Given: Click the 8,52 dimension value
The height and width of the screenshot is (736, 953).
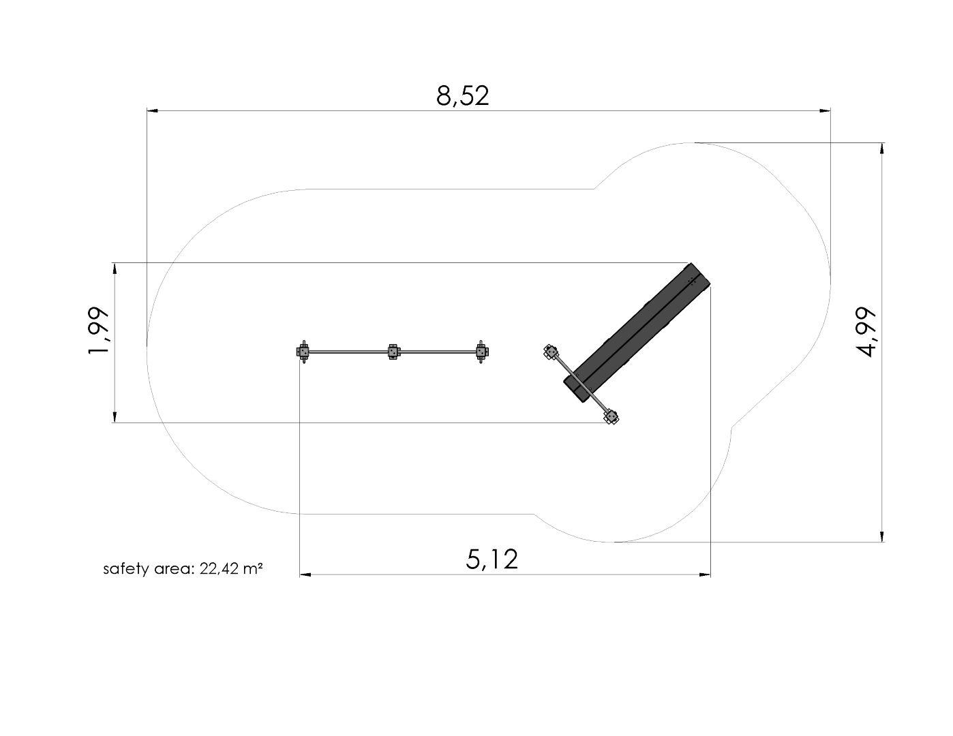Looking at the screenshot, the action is [x=463, y=96].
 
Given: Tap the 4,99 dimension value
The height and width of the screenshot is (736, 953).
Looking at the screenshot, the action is [x=866, y=332].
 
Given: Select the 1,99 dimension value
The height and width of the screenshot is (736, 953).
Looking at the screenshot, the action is [x=98, y=331].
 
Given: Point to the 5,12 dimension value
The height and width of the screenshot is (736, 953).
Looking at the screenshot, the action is [x=491, y=559].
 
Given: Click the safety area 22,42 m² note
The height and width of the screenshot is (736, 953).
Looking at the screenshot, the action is [x=183, y=568].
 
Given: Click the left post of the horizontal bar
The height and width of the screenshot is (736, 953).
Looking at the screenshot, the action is [x=303, y=352].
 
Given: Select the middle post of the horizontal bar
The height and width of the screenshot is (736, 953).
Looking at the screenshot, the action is [x=393, y=352].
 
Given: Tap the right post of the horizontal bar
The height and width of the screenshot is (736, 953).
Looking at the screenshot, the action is [x=482, y=352].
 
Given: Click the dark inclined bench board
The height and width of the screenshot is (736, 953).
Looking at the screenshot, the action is [x=637, y=333].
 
